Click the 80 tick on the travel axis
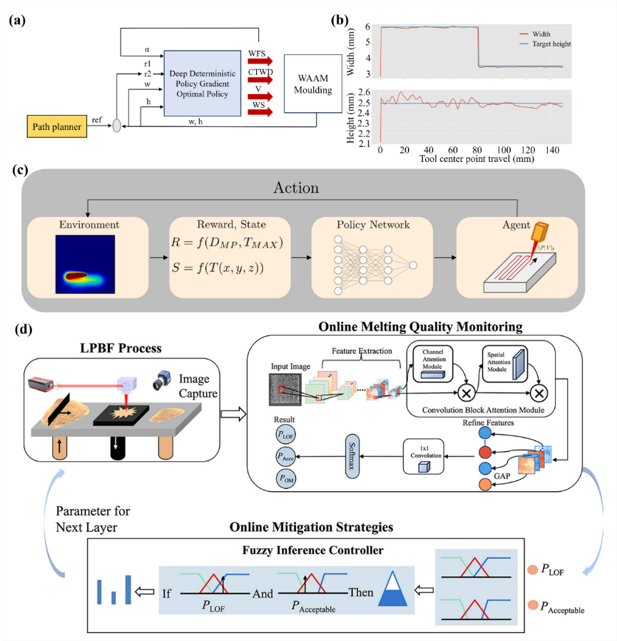(477, 151)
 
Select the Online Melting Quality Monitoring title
(422, 327)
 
